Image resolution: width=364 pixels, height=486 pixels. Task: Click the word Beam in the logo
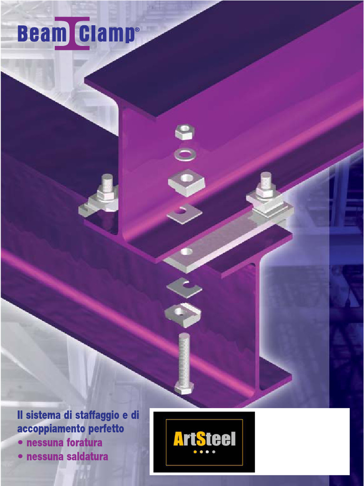pyautogui.click(x=36, y=35)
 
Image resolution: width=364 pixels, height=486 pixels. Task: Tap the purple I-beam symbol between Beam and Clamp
pyautogui.click(x=72, y=34)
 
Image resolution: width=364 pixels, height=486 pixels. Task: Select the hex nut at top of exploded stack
pyautogui.click(x=184, y=131)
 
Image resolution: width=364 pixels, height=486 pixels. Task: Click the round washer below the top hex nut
pyautogui.click(x=185, y=154)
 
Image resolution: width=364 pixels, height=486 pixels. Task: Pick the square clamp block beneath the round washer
pyautogui.click(x=186, y=182)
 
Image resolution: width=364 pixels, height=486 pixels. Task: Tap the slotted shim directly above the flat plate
pyautogui.click(x=184, y=213)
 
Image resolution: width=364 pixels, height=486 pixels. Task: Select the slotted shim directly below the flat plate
pyautogui.click(x=184, y=288)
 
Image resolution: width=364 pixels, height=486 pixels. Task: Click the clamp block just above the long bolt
pyautogui.click(x=182, y=314)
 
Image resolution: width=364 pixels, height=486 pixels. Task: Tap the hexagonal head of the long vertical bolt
pyautogui.click(x=184, y=387)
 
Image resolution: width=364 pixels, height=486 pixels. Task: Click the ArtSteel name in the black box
pyautogui.click(x=204, y=439)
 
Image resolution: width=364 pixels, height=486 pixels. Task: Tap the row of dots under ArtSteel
pyautogui.click(x=204, y=452)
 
